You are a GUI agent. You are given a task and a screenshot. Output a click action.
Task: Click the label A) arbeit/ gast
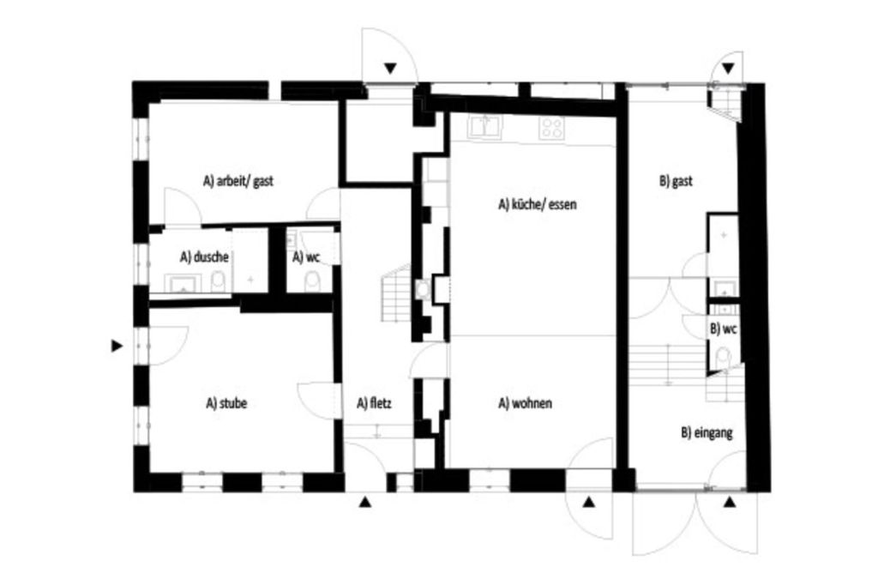[x=238, y=181]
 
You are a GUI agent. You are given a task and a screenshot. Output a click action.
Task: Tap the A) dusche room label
[x=204, y=256]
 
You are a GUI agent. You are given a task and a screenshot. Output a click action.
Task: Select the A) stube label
[x=226, y=403]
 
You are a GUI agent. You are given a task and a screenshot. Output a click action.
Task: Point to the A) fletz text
[x=374, y=403]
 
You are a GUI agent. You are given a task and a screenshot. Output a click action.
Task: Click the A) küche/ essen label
[x=537, y=204]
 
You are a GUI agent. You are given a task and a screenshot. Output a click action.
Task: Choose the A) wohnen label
[x=525, y=403]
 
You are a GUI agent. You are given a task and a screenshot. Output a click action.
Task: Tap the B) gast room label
[x=676, y=181]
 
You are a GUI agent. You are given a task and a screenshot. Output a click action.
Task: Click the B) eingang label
[x=707, y=432]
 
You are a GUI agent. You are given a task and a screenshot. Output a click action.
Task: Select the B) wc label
[x=723, y=329]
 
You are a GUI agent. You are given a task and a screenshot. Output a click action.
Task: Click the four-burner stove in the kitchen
[x=551, y=129]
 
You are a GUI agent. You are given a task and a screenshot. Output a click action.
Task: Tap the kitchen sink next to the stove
[x=485, y=127]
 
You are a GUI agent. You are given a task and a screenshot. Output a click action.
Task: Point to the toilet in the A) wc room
[x=312, y=282]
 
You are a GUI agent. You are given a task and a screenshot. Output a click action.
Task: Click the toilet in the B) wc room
[x=723, y=357]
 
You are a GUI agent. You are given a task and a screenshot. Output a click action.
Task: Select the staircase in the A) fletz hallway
[x=396, y=292]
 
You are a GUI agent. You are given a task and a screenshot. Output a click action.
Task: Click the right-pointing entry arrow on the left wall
[x=117, y=346]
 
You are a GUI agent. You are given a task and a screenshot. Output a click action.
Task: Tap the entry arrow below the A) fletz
[x=364, y=502]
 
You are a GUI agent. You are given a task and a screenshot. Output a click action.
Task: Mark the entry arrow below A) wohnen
[x=588, y=502]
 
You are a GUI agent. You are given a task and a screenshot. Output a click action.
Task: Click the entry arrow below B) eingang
[x=729, y=502]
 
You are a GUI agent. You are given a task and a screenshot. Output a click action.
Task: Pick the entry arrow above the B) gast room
[x=728, y=69]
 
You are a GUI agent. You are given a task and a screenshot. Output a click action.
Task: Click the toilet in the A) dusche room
[x=219, y=282]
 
